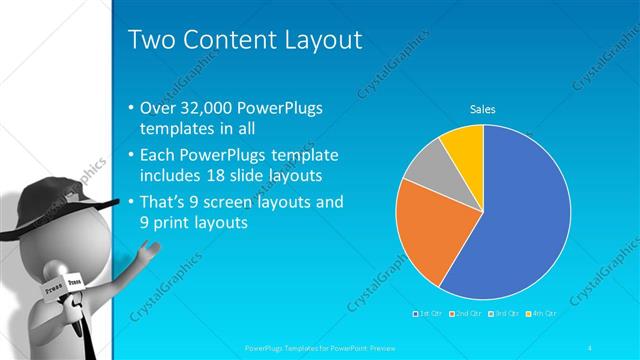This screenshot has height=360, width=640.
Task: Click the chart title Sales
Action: click(483, 109)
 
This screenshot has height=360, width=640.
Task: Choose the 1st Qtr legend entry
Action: click(430, 313)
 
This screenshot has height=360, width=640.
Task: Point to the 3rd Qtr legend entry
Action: click(506, 313)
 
